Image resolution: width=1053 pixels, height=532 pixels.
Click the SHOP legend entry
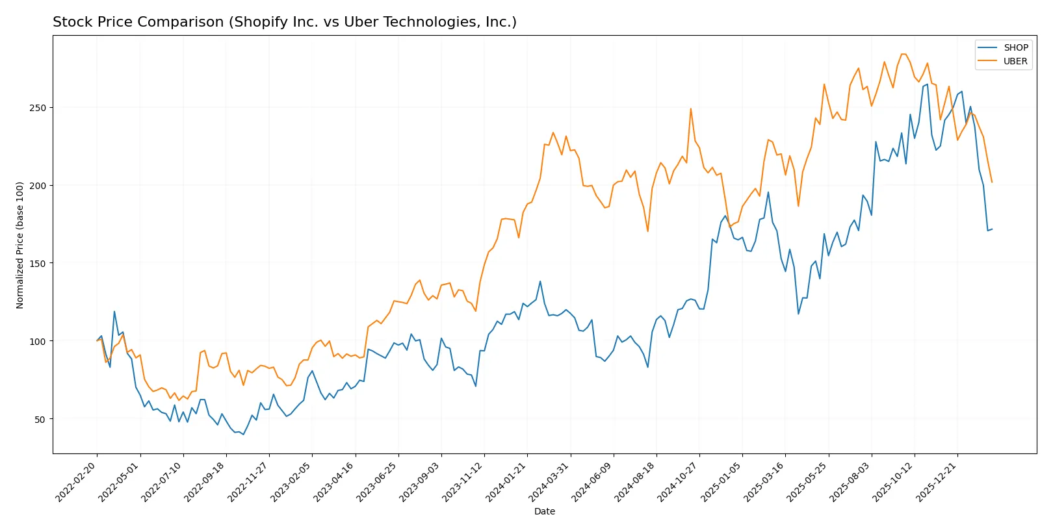(x=1015, y=47)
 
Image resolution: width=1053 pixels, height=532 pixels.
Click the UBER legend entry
(x=1015, y=61)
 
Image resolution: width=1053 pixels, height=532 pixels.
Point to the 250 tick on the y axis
(x=38, y=108)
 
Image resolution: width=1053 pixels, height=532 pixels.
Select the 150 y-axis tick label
(x=38, y=264)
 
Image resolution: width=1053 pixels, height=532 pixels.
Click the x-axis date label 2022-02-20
(x=77, y=481)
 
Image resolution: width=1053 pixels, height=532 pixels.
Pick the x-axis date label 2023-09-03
(x=421, y=481)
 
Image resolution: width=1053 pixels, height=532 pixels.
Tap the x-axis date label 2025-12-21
(x=937, y=481)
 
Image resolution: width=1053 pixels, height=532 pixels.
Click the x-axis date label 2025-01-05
(x=721, y=481)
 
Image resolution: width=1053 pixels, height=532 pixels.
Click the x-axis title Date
(x=544, y=511)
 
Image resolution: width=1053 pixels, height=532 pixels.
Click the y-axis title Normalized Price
(x=20, y=245)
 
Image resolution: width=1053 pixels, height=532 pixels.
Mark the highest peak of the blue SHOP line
(x=928, y=84)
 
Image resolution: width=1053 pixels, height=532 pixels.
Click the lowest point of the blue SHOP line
(x=244, y=434)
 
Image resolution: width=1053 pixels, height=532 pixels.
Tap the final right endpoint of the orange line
(x=992, y=183)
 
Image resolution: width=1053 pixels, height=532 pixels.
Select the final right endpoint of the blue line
(x=992, y=229)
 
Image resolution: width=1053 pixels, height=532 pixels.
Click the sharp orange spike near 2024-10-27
(x=690, y=108)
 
